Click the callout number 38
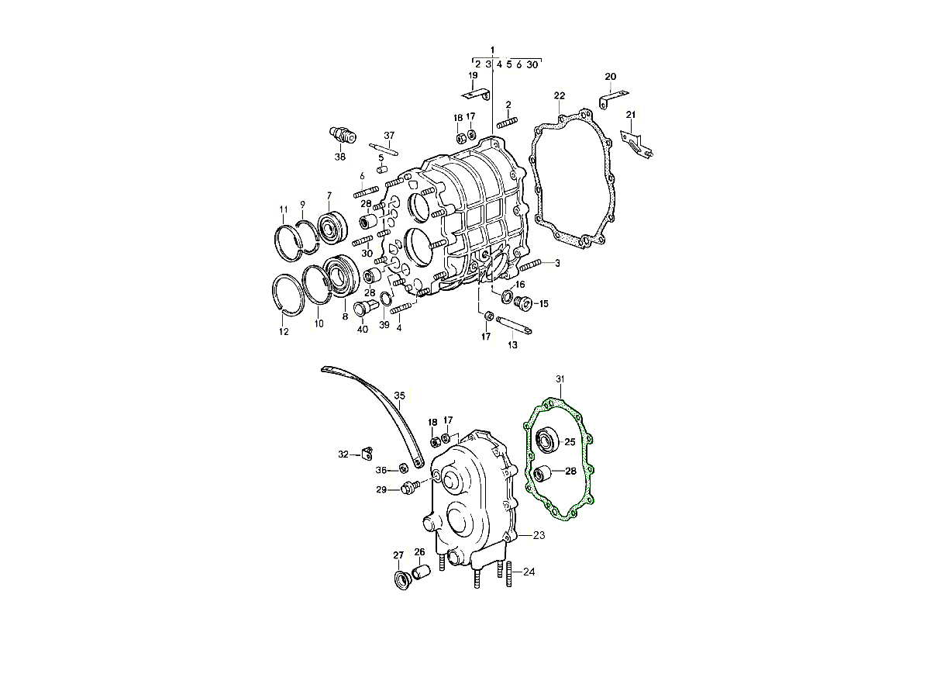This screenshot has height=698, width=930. pyautogui.click(x=339, y=157)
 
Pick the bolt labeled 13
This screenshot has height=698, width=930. pyautogui.click(x=514, y=325)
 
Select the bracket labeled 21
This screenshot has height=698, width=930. pyautogui.click(x=638, y=145)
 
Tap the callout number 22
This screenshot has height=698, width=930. pyautogui.click(x=560, y=95)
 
